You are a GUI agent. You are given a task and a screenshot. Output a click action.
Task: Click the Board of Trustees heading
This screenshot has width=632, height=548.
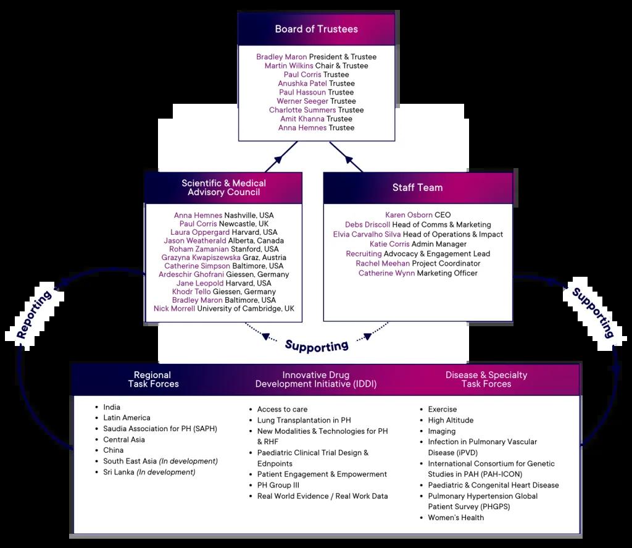[316, 29]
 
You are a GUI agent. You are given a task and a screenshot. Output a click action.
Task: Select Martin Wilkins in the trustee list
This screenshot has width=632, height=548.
[289, 65]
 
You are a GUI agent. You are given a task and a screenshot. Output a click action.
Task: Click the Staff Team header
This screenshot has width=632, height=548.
[417, 188]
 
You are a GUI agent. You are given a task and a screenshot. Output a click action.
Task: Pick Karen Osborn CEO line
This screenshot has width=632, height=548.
[418, 215]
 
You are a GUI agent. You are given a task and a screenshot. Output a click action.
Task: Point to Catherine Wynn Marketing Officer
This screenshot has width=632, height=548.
[418, 273]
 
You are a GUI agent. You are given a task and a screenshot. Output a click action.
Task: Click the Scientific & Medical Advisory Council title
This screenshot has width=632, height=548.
[223, 188]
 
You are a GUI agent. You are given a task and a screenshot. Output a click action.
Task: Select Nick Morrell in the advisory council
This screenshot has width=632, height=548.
[175, 308]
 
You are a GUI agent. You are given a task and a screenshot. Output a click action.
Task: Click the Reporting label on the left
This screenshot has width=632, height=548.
[35, 316]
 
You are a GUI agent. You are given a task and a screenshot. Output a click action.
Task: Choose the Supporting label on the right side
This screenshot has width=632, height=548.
[592, 313]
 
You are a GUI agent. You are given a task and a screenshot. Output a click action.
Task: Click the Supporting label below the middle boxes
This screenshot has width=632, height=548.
[317, 345]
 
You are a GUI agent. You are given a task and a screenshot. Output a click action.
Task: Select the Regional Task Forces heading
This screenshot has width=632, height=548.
[153, 379]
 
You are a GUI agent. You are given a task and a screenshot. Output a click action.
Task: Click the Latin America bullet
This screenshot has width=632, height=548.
[127, 418]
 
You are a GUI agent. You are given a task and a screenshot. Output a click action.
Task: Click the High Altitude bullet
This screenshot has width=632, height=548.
[451, 420]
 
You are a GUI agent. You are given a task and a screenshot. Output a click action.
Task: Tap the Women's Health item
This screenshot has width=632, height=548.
[455, 517]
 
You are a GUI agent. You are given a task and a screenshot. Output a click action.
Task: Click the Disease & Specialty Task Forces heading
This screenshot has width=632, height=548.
[486, 379]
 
